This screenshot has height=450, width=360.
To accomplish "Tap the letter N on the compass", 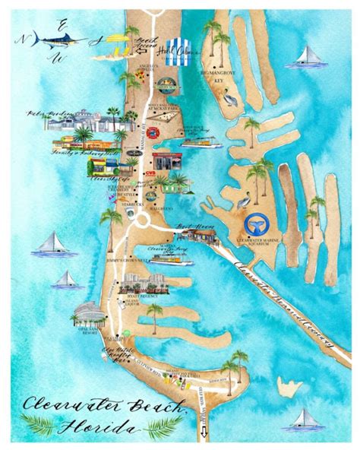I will (26, 38).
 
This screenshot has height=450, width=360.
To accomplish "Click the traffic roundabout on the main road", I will (141, 220).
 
